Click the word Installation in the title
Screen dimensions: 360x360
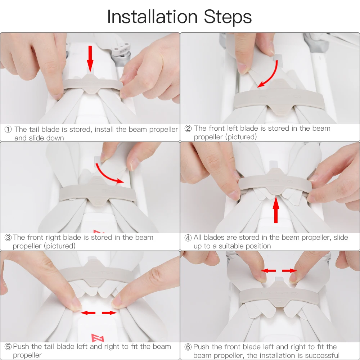point(152,17)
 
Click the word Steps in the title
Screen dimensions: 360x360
point(228,17)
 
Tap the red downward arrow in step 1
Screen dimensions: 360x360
point(90,59)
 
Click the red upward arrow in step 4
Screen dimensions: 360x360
point(276,210)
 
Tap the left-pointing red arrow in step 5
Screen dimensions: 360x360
point(88,313)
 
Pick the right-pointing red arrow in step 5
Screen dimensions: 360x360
point(109,313)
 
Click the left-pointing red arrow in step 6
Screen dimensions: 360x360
point(269,271)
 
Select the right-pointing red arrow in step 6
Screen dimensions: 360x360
point(289,271)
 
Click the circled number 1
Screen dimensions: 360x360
point(8,129)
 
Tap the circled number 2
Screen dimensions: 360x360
point(188,129)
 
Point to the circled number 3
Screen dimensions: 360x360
point(8,237)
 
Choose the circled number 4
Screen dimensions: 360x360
point(188,238)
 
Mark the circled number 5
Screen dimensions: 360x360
point(8,346)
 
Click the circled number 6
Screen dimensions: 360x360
point(188,347)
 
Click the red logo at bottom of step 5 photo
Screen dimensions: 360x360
point(98,338)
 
